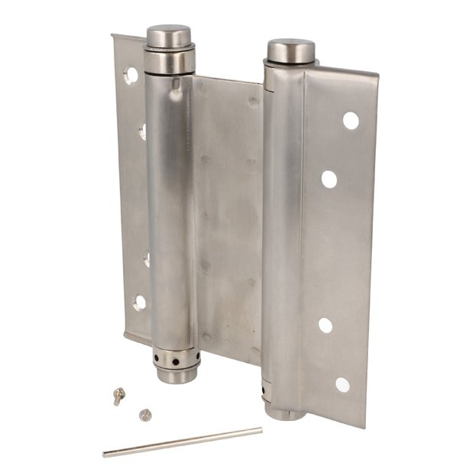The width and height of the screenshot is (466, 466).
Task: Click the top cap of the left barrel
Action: [x=169, y=35]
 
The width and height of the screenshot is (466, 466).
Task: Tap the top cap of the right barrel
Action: [x=290, y=50]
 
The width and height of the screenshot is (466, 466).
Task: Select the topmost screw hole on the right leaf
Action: [x=351, y=120]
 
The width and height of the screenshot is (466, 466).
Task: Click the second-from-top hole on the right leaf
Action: [x=329, y=180]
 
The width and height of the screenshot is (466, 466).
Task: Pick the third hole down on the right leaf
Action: [x=325, y=325]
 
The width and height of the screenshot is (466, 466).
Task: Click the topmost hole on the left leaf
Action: [x=131, y=75]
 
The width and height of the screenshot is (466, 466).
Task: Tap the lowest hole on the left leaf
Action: [x=140, y=302]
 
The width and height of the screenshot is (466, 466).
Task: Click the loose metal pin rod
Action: [x=183, y=442]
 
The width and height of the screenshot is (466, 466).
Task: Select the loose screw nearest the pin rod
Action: [x=146, y=415]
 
